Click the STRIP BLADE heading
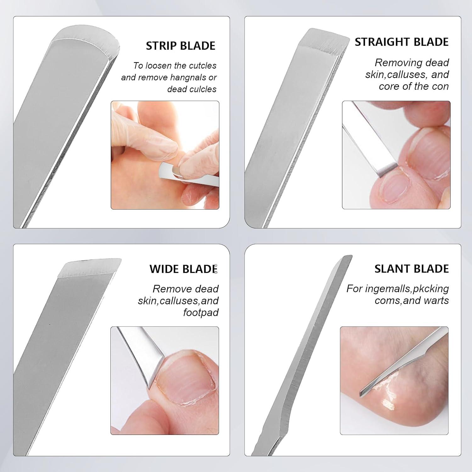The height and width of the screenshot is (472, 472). click(x=181, y=46)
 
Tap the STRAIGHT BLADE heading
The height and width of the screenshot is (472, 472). click(x=402, y=42)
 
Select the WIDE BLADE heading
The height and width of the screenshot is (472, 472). click(x=183, y=269)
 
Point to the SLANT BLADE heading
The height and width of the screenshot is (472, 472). click(x=412, y=269)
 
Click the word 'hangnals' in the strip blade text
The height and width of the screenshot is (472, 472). click(x=187, y=78)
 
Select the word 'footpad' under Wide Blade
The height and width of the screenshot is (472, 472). click(x=201, y=313)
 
